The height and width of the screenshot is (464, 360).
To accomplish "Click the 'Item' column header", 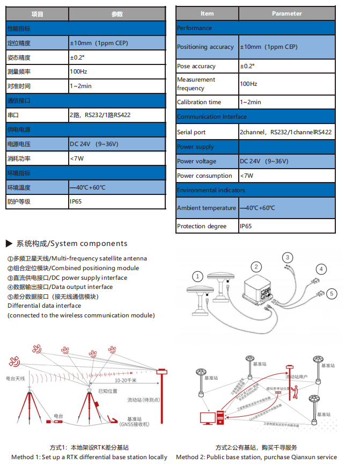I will pyautogui.click(x=207, y=13).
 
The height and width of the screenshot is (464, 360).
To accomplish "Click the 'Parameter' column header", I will pyautogui.click(x=286, y=13).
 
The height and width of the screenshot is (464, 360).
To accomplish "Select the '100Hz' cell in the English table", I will pyautogui.click(x=248, y=84).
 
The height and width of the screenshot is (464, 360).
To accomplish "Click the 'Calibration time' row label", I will pyautogui.click(x=199, y=102).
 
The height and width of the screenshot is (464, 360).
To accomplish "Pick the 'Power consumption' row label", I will pyautogui.click(x=204, y=176).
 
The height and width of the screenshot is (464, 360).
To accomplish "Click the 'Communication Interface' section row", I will pyautogui.click(x=212, y=117).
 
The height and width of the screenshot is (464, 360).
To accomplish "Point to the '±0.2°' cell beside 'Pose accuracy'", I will pyautogui.click(x=247, y=66).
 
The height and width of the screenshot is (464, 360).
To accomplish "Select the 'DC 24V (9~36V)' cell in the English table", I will pyautogui.click(x=263, y=161).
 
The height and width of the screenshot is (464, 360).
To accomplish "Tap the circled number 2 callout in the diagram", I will pyautogui.click(x=256, y=266).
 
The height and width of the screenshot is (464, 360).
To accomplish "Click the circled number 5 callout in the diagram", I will pyautogui.click(x=332, y=293).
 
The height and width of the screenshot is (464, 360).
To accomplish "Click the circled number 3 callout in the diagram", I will pyautogui.click(x=288, y=257).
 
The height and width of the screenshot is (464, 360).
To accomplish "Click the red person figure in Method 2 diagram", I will pyautogui.click(x=293, y=393).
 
